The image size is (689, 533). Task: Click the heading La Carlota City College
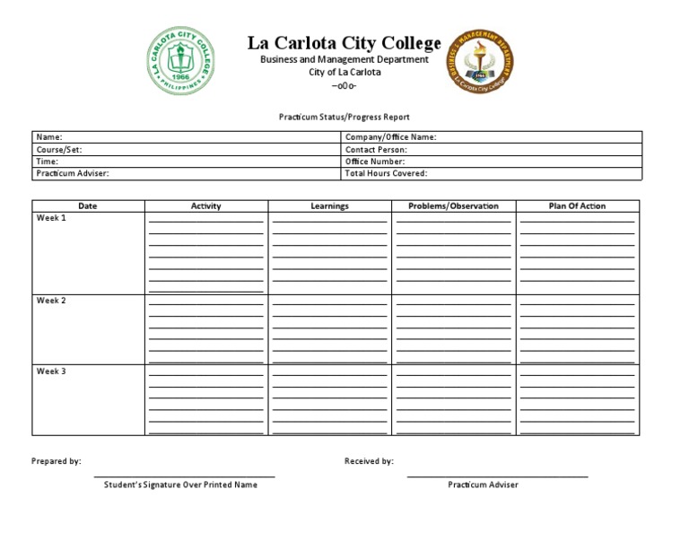click(344, 43)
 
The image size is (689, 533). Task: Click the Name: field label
click(49, 137)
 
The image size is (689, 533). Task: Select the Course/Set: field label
click(59, 150)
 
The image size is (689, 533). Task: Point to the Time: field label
click(48, 162)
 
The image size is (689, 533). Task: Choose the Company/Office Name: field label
click(390, 137)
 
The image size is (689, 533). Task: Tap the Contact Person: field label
click(376, 150)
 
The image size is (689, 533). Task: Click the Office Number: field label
click(376, 162)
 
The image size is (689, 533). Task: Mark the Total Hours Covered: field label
click(386, 173)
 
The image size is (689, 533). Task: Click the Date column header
click(88, 205)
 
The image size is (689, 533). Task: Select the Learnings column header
click(329, 205)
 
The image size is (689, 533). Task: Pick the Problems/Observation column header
click(453, 205)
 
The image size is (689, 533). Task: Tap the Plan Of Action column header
click(577, 205)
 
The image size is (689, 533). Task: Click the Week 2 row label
click(51, 301)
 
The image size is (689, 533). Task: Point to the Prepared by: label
click(57, 461)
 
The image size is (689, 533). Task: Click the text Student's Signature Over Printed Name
click(180, 485)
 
